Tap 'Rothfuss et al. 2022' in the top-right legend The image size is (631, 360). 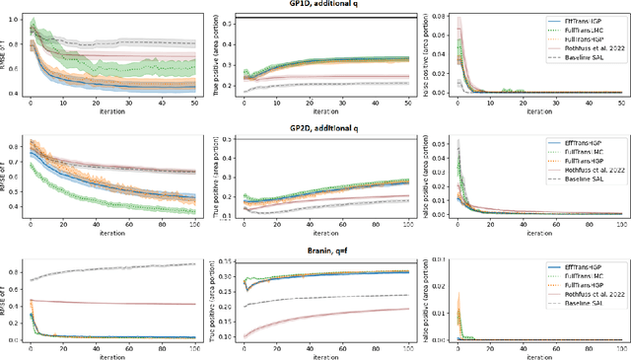pyautogui.click(x=589, y=47)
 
